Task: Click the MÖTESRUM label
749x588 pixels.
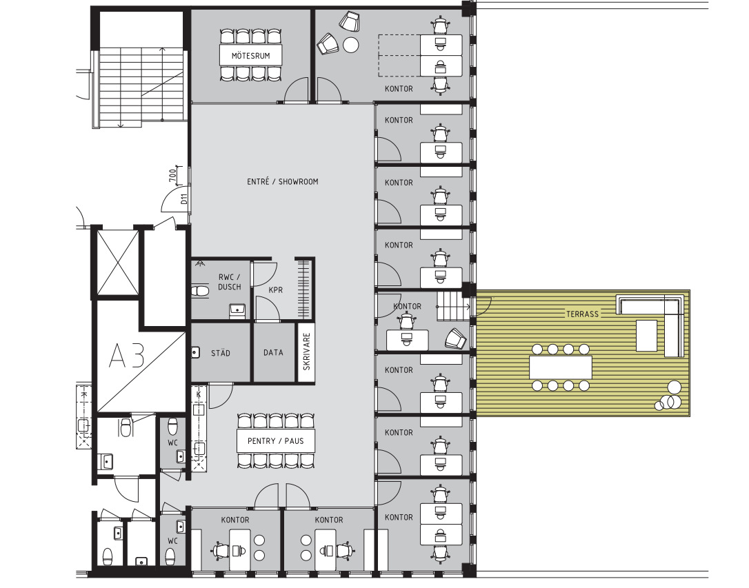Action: [x=251, y=56]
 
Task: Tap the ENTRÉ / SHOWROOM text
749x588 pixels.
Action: [x=282, y=181]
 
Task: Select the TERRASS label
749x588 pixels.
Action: [x=582, y=314]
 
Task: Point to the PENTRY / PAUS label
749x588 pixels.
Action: [x=276, y=441]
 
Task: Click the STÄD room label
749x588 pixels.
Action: [x=220, y=353]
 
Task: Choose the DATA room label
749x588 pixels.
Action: [x=273, y=353]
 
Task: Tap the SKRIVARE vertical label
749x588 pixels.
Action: [x=307, y=352]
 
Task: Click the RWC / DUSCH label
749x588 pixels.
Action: [x=229, y=282]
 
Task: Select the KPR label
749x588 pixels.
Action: [x=276, y=290]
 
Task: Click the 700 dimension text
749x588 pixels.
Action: [x=173, y=176]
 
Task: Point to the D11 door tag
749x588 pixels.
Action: [x=184, y=199]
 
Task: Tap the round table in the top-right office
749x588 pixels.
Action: [x=351, y=45]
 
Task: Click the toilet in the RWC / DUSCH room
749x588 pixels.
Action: [x=200, y=291]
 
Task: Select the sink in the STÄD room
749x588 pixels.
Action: [x=195, y=353]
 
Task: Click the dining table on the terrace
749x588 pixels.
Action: [x=560, y=367]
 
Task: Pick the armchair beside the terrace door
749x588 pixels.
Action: [x=456, y=339]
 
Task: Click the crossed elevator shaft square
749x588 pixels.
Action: [x=118, y=263]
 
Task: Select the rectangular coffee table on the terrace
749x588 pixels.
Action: [x=646, y=336]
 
